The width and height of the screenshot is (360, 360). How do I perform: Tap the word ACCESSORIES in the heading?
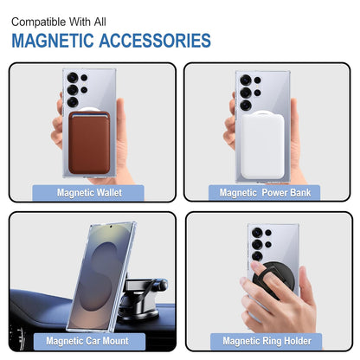pyautogui.click(x=155, y=41)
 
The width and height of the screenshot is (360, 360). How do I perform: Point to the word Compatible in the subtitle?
pyautogui.click(x=39, y=22)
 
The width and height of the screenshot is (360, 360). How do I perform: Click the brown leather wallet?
pyautogui.click(x=89, y=143)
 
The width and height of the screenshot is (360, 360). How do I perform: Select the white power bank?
pyautogui.click(x=262, y=145)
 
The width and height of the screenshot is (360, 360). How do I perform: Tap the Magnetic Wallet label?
pyautogui.click(x=89, y=192)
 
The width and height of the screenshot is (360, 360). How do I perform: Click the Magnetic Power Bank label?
pyautogui.click(x=265, y=192)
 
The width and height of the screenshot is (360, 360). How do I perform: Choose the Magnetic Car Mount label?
pyautogui.click(x=87, y=341)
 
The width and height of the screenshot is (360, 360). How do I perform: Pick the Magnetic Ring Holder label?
pyautogui.click(x=267, y=341)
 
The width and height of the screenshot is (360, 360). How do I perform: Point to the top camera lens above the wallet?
pyautogui.click(x=73, y=78)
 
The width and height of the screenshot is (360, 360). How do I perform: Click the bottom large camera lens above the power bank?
pyautogui.click(x=246, y=105)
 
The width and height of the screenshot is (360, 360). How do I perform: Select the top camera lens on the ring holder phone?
pyautogui.click(x=257, y=233)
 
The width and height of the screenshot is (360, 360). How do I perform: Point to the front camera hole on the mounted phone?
pyautogui.click(x=111, y=227)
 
